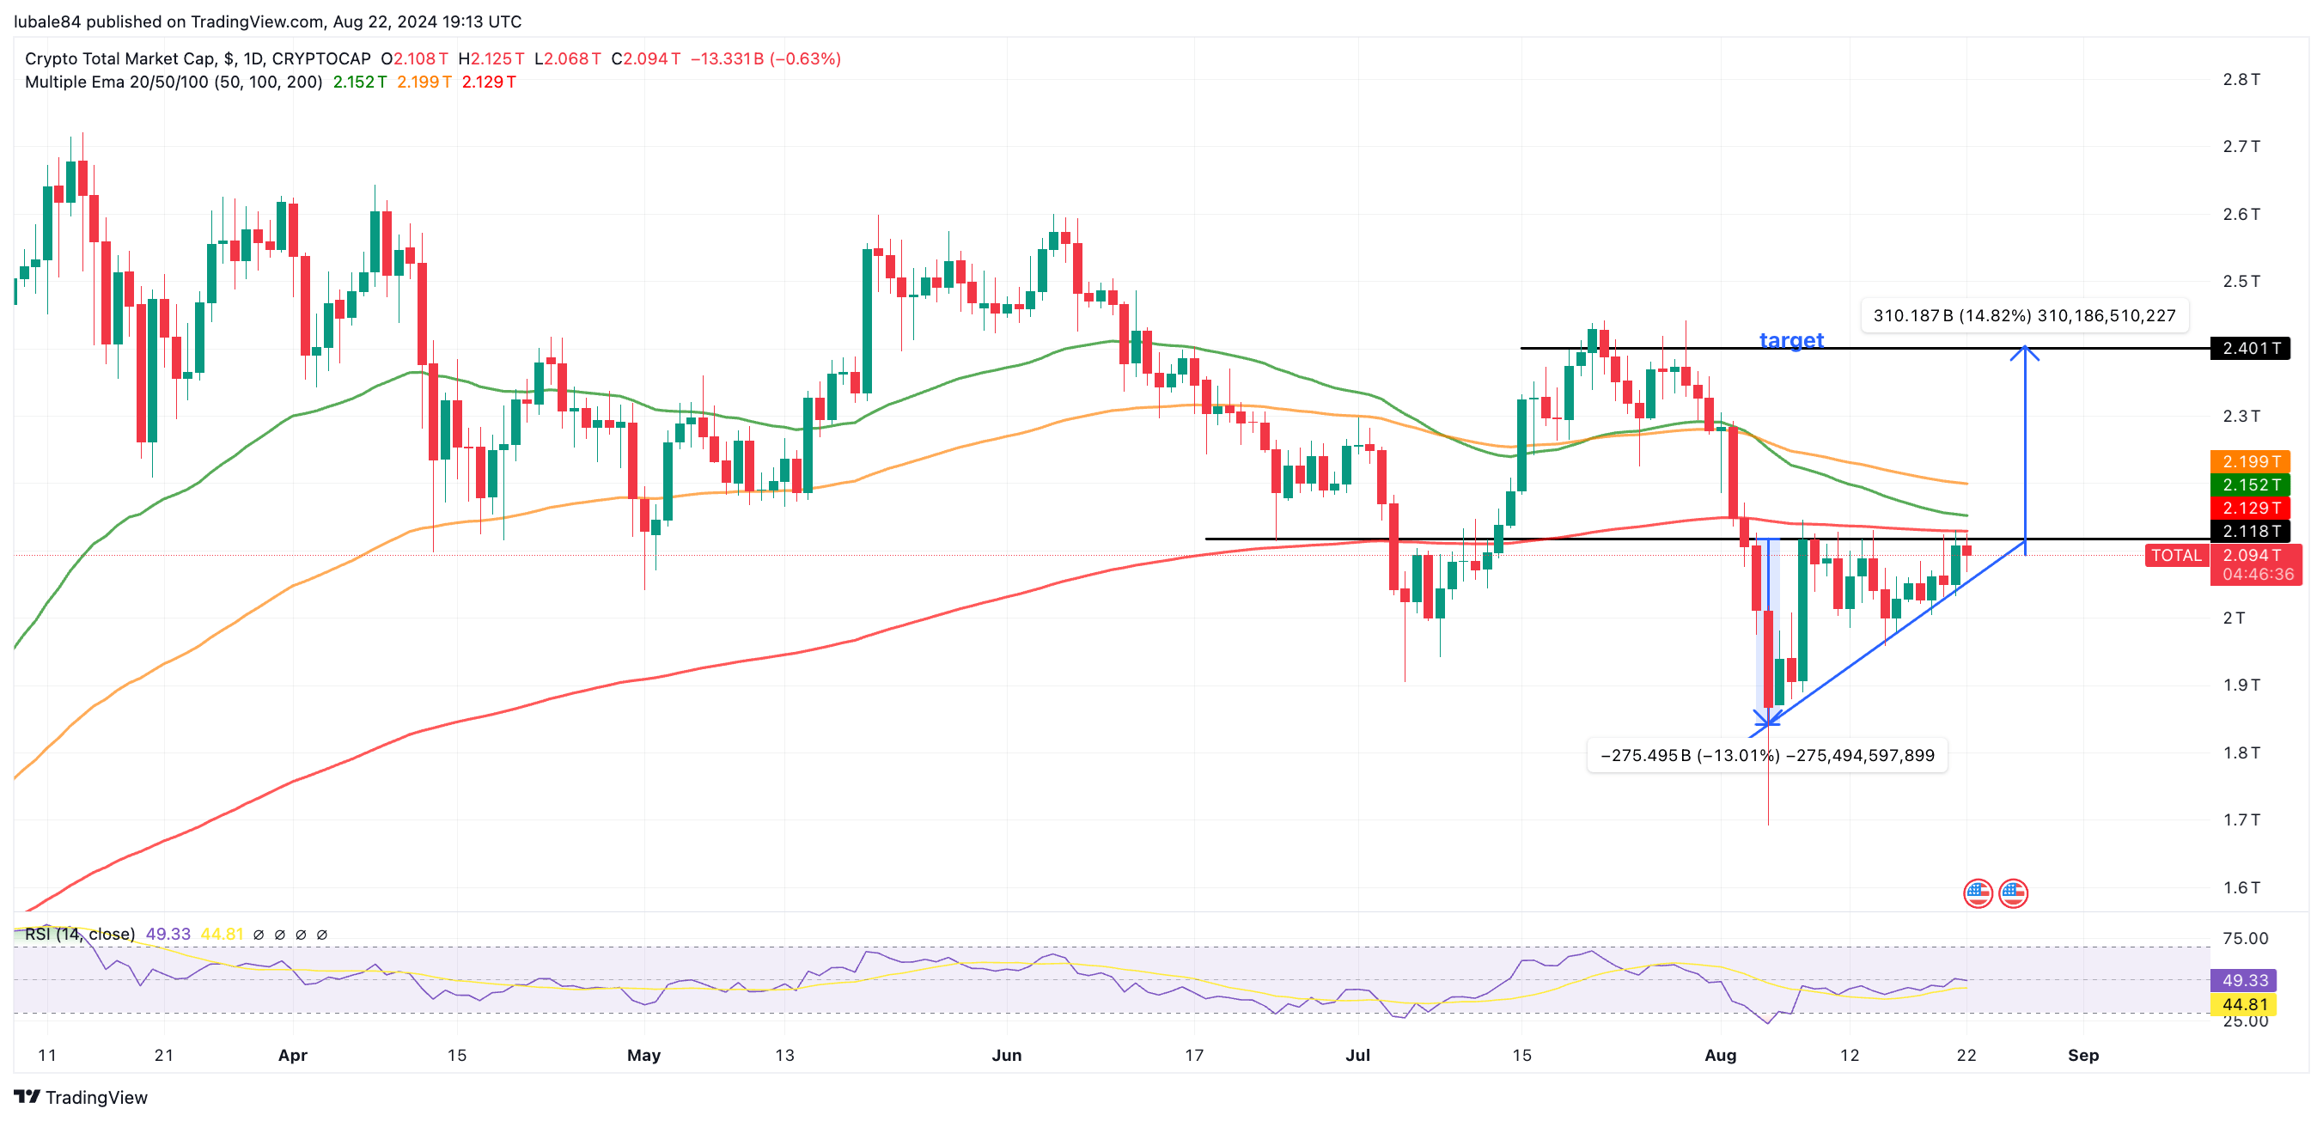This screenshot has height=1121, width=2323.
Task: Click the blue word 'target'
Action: pyautogui.click(x=1790, y=340)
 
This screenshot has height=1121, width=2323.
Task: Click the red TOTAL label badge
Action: pyautogui.click(x=2176, y=556)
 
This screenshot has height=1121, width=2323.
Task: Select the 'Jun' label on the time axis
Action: pyautogui.click(x=1006, y=1055)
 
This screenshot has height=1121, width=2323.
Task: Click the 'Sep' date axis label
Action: pyautogui.click(x=2082, y=1055)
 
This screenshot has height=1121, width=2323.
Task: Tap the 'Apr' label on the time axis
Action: pyautogui.click(x=292, y=1055)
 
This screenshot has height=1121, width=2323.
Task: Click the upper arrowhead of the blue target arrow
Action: pyautogui.click(x=2025, y=350)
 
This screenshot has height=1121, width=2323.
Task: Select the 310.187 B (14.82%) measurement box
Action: pyautogui.click(x=2024, y=315)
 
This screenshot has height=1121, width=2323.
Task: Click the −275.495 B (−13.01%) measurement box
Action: pyautogui.click(x=1766, y=756)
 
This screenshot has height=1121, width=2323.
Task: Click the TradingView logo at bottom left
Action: pyautogui.click(x=80, y=1097)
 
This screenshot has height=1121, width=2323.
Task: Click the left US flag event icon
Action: pyautogui.click(x=1978, y=893)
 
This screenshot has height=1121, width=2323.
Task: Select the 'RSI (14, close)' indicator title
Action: pyautogui.click(x=79, y=935)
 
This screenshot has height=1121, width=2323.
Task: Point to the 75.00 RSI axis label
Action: pyautogui.click(x=2245, y=938)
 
